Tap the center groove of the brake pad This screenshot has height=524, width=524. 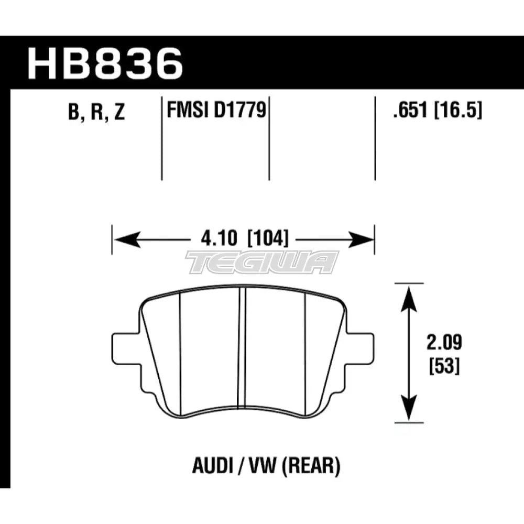pyautogui.click(x=242, y=348)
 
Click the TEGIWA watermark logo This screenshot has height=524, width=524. pyautogui.click(x=262, y=262)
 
